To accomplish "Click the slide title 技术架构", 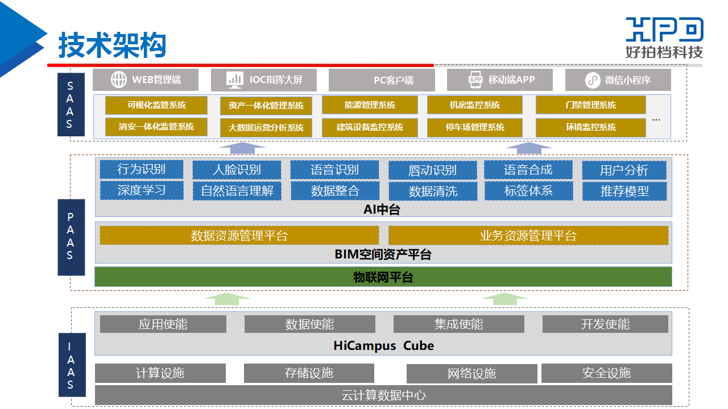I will point(112,45).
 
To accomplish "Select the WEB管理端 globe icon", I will point(119,80).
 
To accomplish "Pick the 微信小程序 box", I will point(618,80).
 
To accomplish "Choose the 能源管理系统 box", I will point(370,105).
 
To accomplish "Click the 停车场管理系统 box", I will point(475,127).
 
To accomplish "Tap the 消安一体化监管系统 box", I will point(156,127).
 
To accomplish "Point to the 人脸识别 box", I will point(237,169).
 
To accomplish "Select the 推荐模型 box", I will point(624,191).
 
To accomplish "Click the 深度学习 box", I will point(142,190).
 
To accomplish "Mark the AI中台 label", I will point(382,210).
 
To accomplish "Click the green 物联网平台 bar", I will point(383,277).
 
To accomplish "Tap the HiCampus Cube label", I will point(383,345).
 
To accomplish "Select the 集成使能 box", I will point(458,324).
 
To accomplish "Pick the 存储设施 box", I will point(309,373).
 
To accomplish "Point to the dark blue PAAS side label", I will point(71,237).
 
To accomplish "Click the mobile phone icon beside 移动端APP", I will point(475,80).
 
